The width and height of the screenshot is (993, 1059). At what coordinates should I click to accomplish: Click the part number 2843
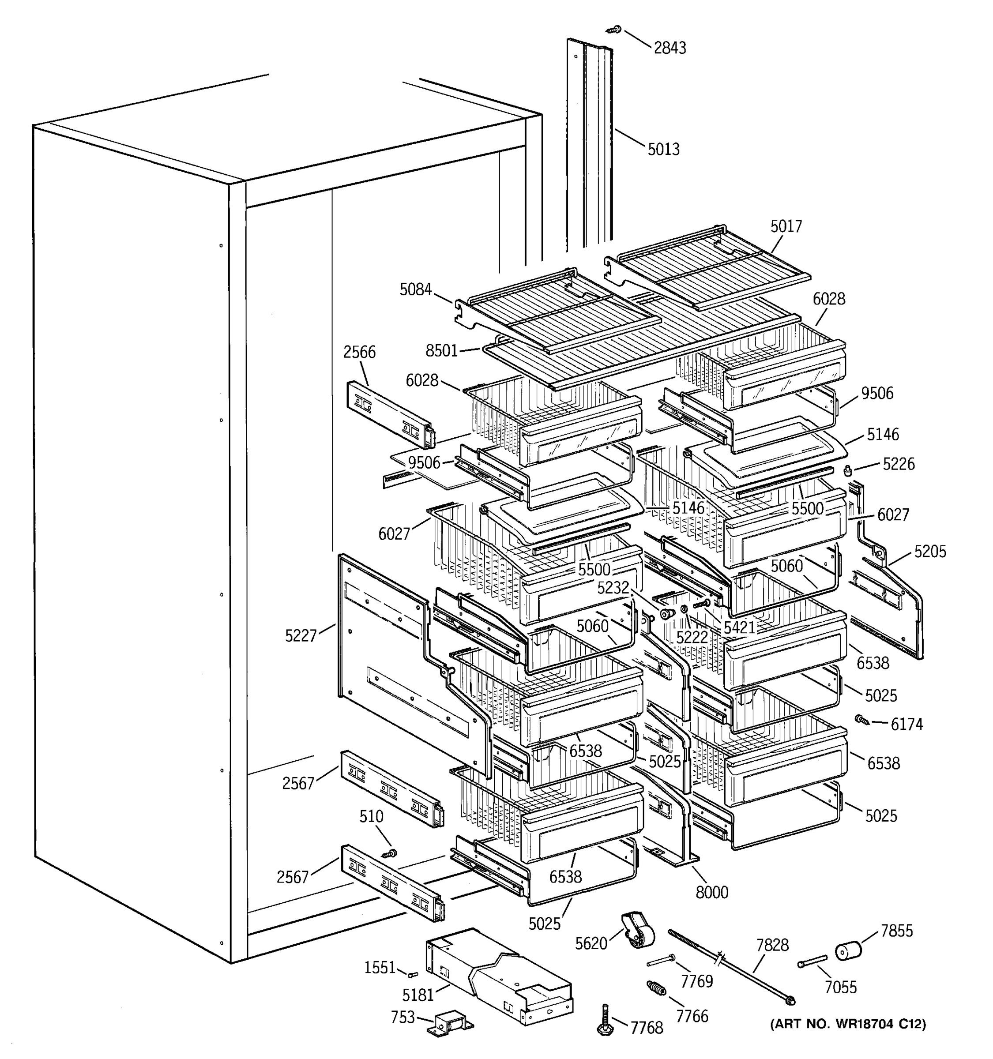670,48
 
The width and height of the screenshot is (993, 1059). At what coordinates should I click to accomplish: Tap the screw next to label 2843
614,30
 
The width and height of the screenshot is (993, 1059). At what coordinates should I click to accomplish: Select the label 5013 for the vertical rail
663,149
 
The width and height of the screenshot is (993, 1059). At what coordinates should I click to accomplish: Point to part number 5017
786,226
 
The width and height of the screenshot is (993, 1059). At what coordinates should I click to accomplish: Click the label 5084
416,289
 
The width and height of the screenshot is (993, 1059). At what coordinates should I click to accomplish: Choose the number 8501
442,350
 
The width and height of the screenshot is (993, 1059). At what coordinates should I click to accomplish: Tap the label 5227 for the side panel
301,635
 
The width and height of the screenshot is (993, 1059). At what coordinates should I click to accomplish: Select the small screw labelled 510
389,853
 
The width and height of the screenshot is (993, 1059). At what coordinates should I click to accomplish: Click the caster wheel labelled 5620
637,930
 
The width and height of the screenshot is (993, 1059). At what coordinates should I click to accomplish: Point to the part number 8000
712,892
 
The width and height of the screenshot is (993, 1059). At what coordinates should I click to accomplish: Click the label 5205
929,551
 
